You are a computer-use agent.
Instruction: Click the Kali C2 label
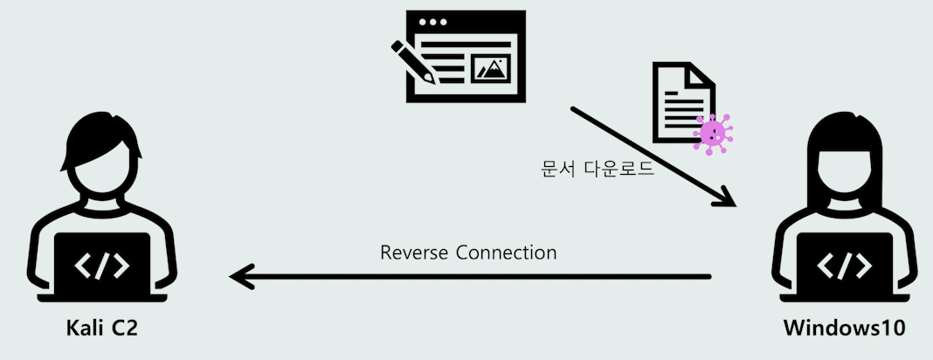102,329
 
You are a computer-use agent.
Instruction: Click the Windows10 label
838,329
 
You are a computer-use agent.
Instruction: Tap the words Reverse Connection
468,253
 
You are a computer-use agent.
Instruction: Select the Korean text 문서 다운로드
597,169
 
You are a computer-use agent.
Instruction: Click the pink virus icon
713,133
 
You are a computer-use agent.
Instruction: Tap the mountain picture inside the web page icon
490,69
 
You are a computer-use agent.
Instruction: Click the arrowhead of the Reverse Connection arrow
239,278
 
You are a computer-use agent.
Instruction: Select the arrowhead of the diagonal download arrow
725,199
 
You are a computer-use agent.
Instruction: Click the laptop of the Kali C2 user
103,267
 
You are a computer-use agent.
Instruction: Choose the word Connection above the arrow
507,253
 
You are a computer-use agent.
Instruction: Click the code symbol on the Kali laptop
103,266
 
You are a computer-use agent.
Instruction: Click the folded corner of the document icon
701,74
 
